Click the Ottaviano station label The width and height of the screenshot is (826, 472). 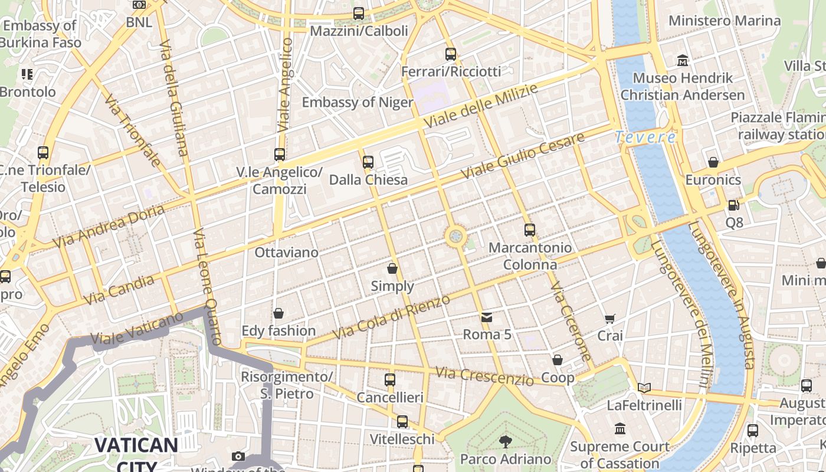pos(286,252)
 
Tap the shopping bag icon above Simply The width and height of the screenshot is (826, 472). pos(392,269)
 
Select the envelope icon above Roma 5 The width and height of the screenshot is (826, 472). pos(486,317)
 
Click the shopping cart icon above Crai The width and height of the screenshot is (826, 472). pos(610,319)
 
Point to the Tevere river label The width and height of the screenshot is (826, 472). pos(645,137)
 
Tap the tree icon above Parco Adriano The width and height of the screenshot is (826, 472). pos(505,441)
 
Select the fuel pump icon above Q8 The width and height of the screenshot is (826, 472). pos(733,205)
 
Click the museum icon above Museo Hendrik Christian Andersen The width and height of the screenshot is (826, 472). pos(683,60)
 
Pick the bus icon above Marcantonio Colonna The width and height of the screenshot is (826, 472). pos(530,230)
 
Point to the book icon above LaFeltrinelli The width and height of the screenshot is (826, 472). pos(644,388)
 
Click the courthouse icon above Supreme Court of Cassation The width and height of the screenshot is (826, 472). pos(619,429)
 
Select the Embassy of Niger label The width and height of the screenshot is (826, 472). pos(358,102)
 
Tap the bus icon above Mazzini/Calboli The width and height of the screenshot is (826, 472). pos(359,13)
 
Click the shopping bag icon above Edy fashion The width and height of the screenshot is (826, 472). pos(278,313)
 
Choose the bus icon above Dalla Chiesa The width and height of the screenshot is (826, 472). pos(368,162)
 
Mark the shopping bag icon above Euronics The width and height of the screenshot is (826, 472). pos(713,162)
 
